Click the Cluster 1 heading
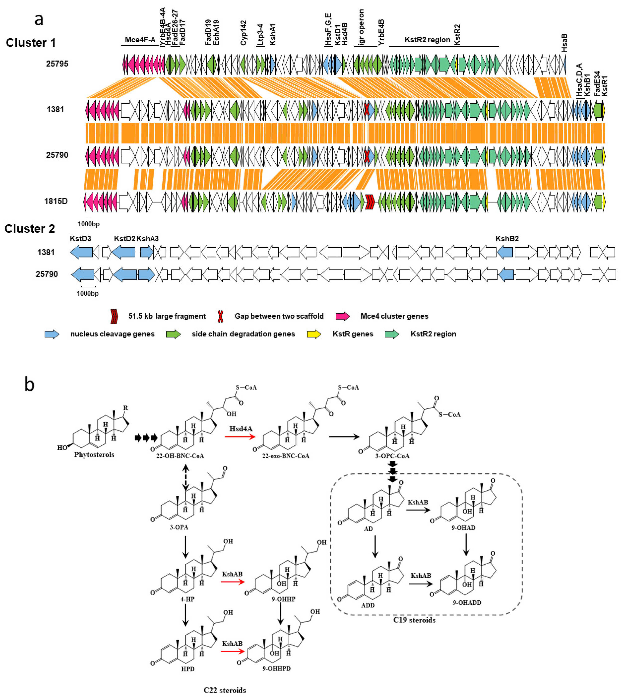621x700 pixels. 31,43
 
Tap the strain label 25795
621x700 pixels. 57,64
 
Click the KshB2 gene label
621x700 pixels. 507,239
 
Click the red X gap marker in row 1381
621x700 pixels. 366,110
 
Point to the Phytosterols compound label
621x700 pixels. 94,455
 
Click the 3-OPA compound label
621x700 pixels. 179,527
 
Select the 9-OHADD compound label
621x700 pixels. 467,602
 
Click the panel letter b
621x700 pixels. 30,384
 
